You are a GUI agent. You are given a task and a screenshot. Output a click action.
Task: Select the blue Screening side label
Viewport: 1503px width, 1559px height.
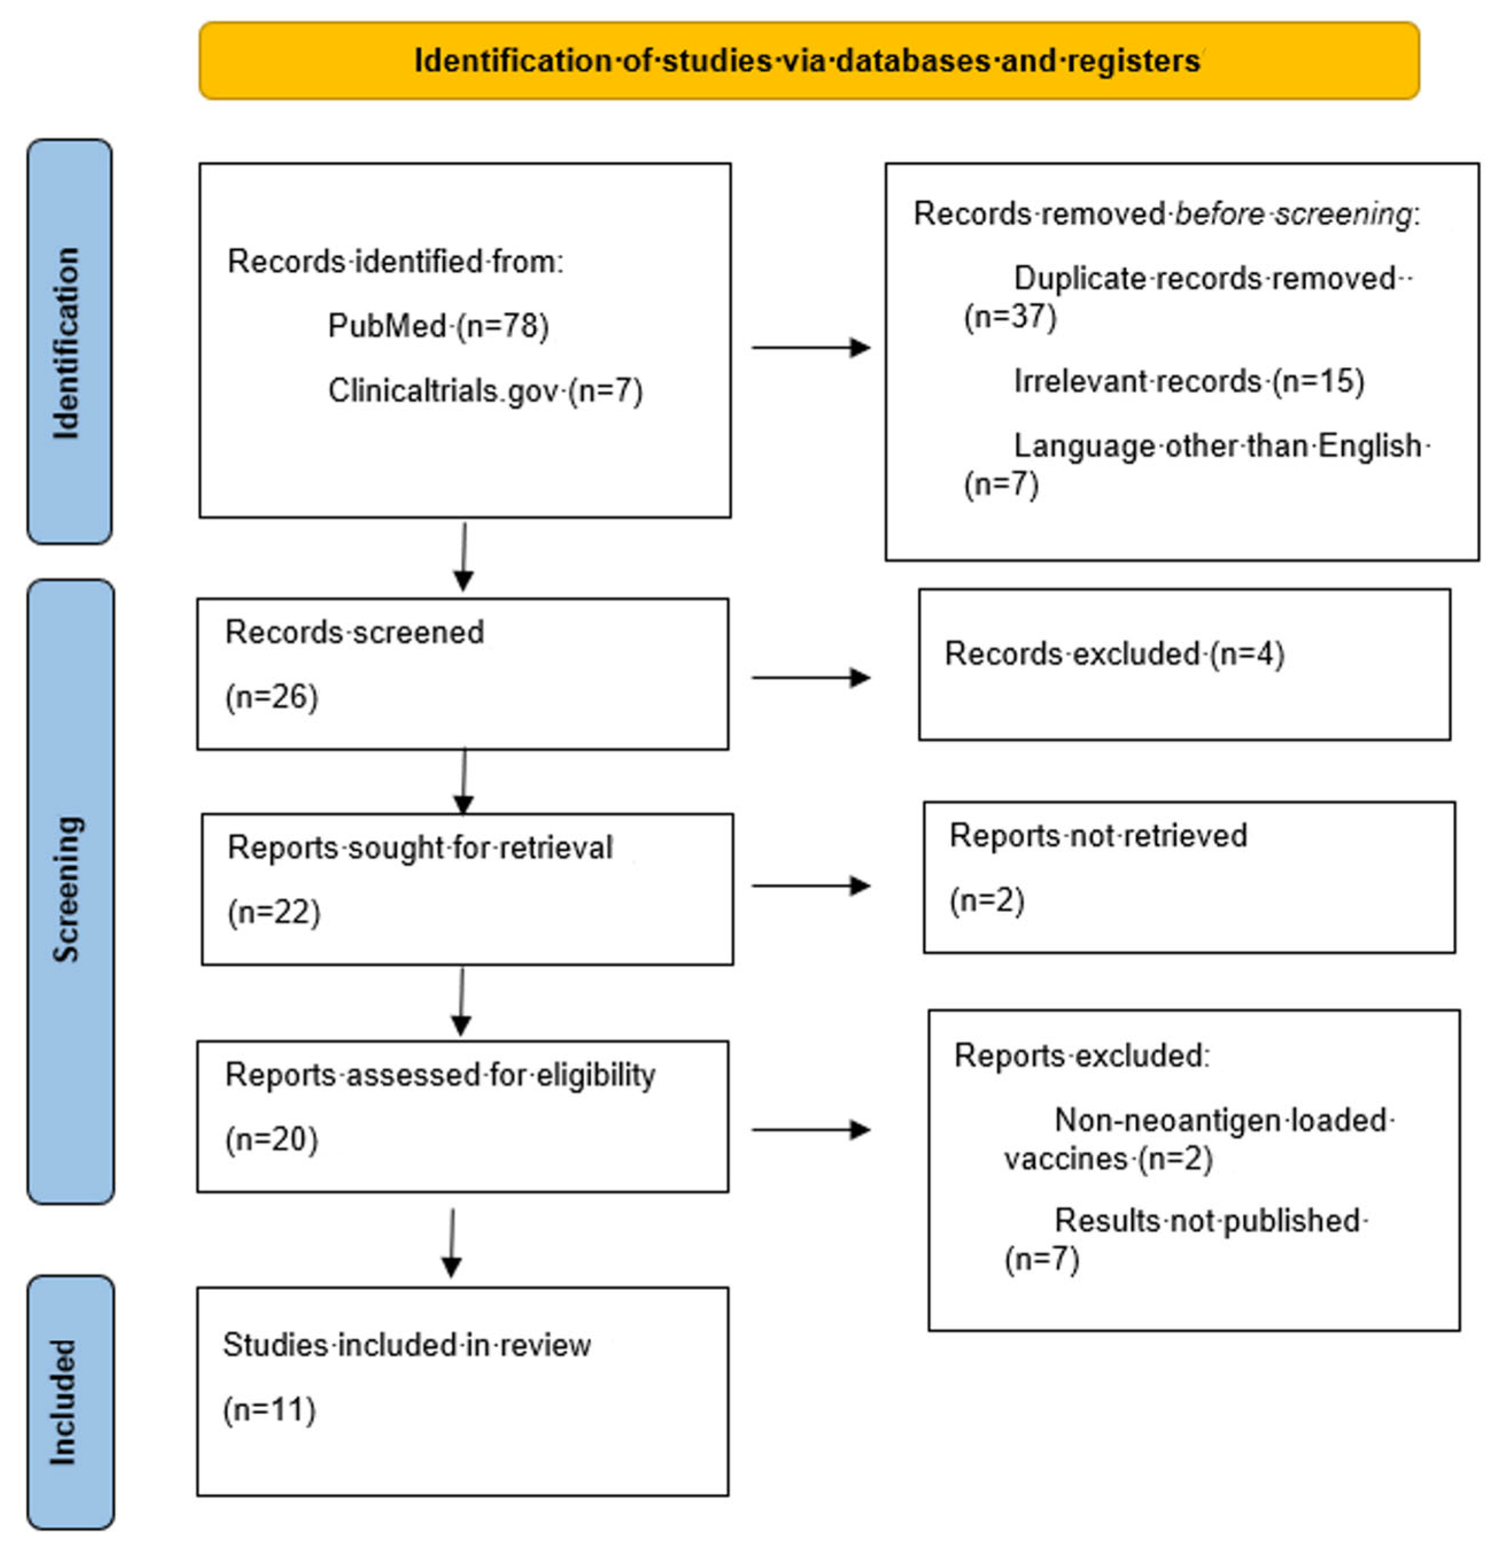click(x=69, y=891)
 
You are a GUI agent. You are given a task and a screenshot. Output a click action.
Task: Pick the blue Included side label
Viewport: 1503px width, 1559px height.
click(x=69, y=1402)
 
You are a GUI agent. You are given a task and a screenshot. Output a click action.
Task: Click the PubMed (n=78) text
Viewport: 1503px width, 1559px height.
click(x=438, y=326)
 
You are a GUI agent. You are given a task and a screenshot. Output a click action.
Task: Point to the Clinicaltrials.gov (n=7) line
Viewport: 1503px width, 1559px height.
click(x=484, y=391)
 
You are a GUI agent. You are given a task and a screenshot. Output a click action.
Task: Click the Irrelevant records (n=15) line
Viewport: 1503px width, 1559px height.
click(x=1188, y=381)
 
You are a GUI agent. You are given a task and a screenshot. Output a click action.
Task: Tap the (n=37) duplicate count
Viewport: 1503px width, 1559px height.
click(x=1009, y=317)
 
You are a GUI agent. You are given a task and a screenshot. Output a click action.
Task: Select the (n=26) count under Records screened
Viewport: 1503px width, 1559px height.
click(x=271, y=697)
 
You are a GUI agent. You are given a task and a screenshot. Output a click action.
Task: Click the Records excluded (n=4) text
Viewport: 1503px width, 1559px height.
click(x=1113, y=654)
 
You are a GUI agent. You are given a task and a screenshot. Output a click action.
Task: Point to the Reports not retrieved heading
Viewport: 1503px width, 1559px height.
click(x=1097, y=836)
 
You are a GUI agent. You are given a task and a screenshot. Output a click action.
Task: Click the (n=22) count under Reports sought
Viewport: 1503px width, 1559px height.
click(x=273, y=912)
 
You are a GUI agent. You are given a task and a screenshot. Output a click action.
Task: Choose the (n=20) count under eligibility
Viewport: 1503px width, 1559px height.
click(x=271, y=1140)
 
